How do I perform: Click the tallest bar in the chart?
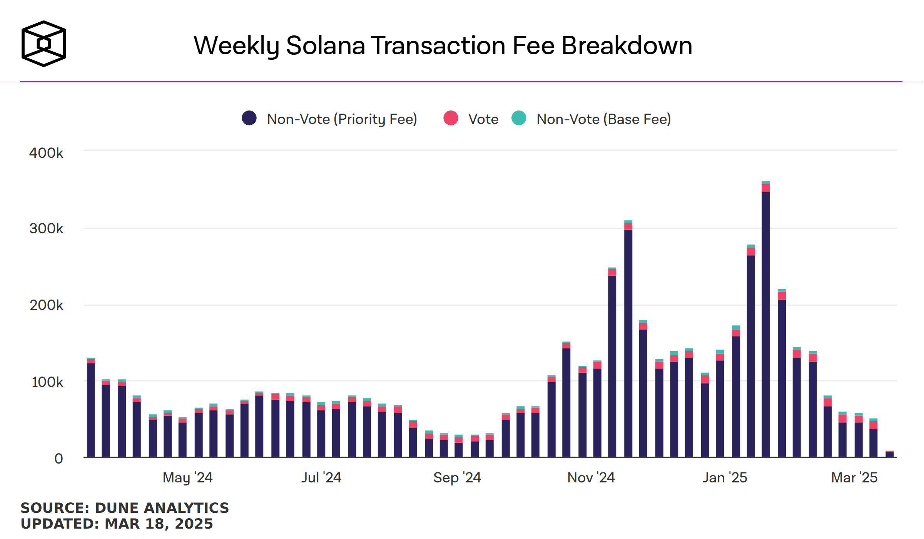pyautogui.click(x=765, y=320)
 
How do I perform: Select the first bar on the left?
pyautogui.click(x=91, y=408)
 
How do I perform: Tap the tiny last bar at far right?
pyautogui.click(x=889, y=454)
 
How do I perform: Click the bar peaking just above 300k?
pyautogui.click(x=628, y=339)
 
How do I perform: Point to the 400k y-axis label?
pyautogui.click(x=46, y=153)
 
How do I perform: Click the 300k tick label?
pyautogui.click(x=46, y=229)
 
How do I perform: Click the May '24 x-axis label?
pyautogui.click(x=187, y=478)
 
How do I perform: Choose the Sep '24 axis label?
pyautogui.click(x=457, y=478)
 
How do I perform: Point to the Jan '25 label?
pyautogui.click(x=725, y=478)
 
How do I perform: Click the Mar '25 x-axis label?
pyautogui.click(x=854, y=478)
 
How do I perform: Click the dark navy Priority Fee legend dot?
pyautogui.click(x=249, y=118)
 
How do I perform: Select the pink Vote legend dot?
pyautogui.click(x=451, y=118)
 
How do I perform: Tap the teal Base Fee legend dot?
pyautogui.click(x=519, y=118)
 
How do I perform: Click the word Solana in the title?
pyautogui.click(x=325, y=45)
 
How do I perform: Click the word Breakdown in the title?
pyautogui.click(x=627, y=45)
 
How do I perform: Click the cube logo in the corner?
pyautogui.click(x=43, y=44)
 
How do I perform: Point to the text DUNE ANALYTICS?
pyautogui.click(x=162, y=508)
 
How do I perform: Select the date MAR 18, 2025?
pyautogui.click(x=159, y=524)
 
